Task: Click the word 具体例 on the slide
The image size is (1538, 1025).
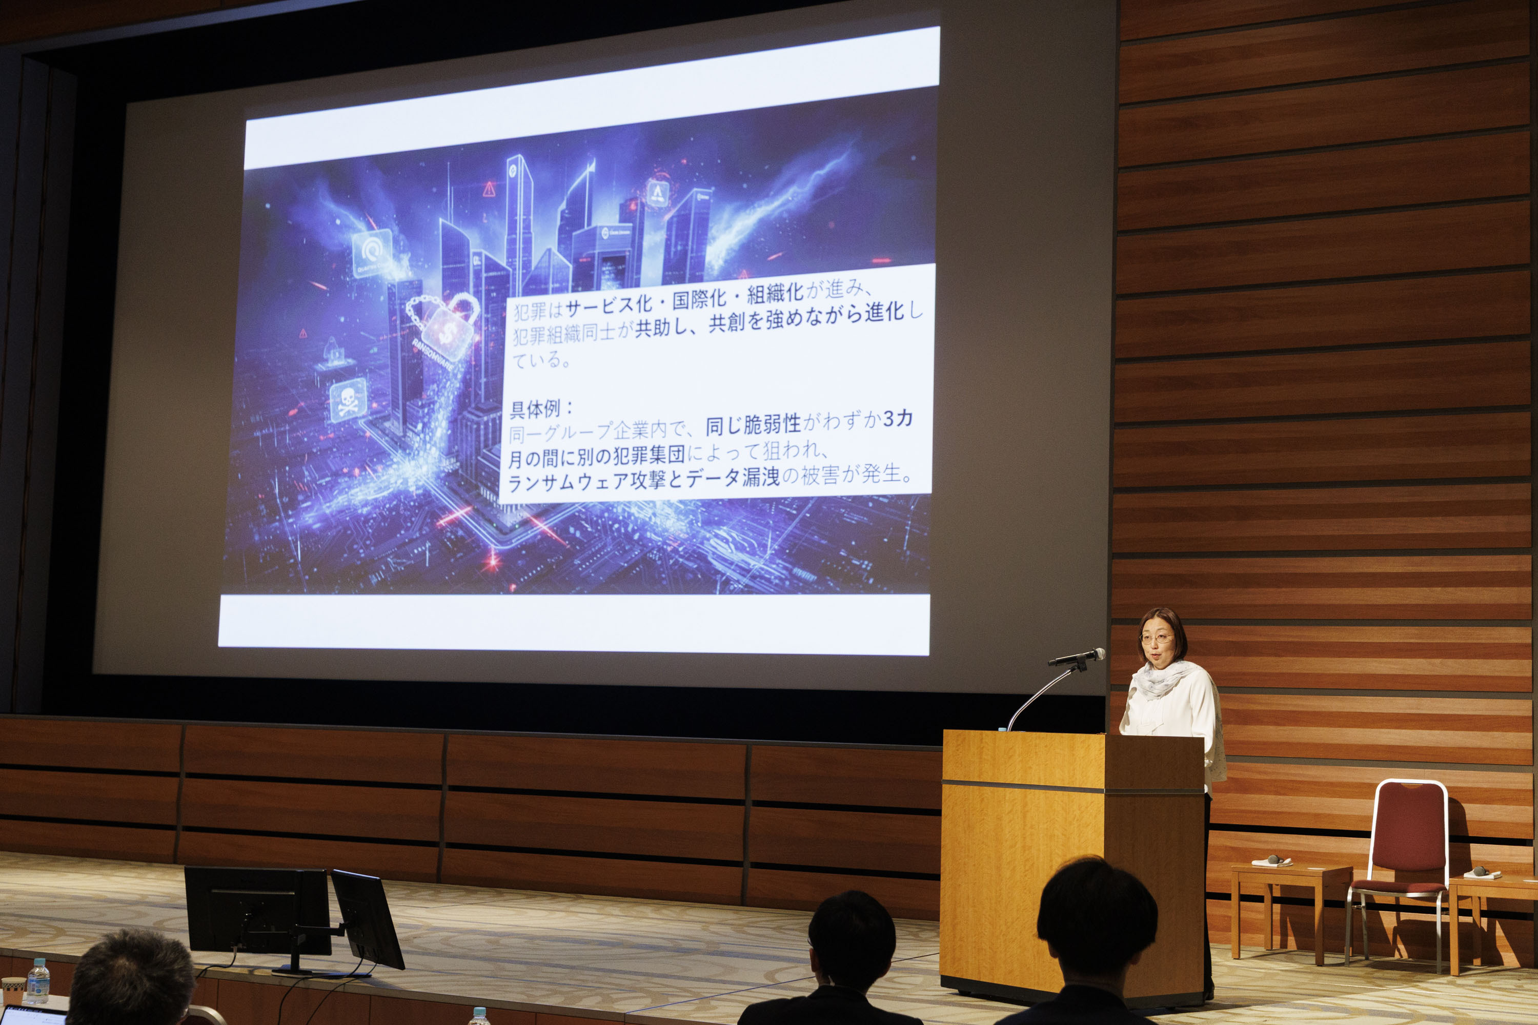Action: pos(534,410)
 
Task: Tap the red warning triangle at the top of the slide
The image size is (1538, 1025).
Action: pos(489,190)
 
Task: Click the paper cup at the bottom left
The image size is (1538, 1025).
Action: pos(12,990)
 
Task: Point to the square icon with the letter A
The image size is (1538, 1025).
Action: pos(657,193)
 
